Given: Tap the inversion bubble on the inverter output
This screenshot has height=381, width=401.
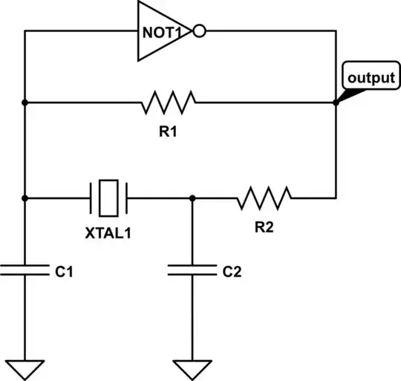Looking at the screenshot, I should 198,31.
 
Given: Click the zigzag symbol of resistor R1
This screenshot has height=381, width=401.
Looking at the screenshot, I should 169,102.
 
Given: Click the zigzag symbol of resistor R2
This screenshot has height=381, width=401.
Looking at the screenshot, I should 264,198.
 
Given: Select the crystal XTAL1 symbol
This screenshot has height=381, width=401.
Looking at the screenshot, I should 110,198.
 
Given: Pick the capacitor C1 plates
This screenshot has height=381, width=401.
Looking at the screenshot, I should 25,268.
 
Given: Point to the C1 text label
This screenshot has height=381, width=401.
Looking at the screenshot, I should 65,273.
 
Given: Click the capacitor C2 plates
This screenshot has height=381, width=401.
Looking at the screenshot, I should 193,268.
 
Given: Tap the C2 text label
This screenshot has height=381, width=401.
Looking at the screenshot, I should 232,273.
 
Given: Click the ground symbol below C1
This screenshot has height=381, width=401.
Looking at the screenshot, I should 25,368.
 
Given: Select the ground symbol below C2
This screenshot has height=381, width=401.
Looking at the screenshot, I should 193,368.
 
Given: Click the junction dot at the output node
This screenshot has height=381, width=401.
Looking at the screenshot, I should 336,102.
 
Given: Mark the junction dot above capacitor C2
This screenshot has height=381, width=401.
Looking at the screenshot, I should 193,198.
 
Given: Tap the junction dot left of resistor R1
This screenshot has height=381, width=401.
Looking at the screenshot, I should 25,102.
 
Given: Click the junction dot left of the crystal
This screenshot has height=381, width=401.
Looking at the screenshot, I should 25,198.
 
